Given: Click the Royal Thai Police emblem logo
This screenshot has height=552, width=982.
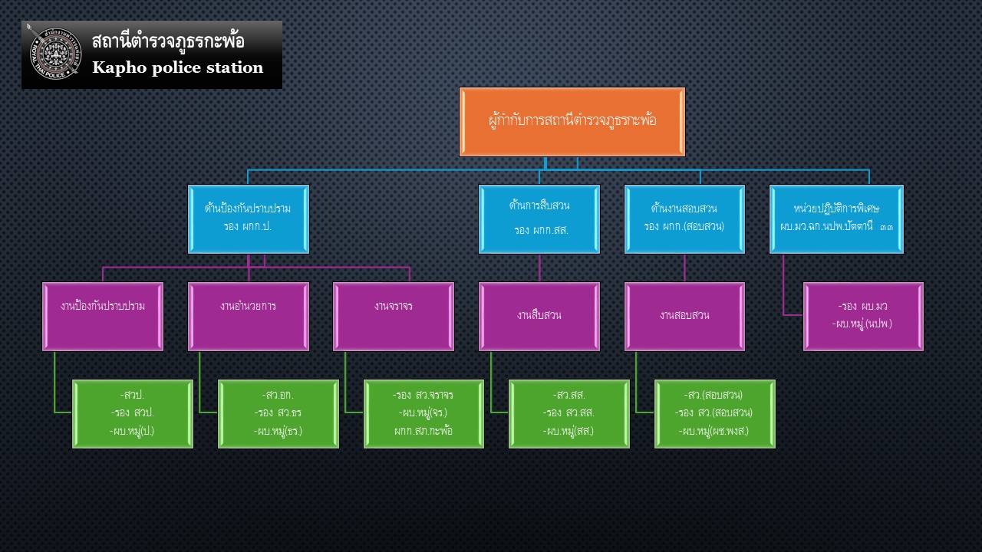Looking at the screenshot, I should [54, 54].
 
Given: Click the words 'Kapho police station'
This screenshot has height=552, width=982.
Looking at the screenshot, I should [177, 67].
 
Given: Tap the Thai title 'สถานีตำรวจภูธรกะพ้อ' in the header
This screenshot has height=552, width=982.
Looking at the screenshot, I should [168, 41].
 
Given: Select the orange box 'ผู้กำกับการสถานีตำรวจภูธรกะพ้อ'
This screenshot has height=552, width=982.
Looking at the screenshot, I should [572, 121].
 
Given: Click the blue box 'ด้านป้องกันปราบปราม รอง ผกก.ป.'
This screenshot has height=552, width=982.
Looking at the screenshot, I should [248, 219].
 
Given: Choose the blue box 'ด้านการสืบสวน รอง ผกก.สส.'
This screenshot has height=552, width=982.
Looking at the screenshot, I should [539, 219].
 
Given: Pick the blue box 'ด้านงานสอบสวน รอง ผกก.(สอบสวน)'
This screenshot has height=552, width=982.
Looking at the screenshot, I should [684, 219].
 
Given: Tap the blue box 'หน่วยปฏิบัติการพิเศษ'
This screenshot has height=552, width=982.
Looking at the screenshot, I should [836, 219].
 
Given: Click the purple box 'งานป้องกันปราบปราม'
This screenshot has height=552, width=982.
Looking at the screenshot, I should [103, 316].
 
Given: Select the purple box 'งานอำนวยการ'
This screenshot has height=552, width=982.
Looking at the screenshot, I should [248, 316].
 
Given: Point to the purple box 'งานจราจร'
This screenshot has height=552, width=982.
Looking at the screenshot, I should [394, 316].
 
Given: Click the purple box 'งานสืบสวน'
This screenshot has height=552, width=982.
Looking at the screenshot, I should [539, 316].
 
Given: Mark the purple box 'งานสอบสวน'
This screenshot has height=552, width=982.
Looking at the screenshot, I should [684, 316].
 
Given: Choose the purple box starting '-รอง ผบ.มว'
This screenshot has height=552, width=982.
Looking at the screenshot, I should [863, 316].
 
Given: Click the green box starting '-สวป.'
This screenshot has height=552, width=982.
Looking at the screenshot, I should [133, 413].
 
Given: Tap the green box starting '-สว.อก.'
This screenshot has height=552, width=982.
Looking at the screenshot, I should [278, 413].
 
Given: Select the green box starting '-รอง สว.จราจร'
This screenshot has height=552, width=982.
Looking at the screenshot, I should [423, 413].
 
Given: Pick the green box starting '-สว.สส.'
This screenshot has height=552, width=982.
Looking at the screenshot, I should [569, 413].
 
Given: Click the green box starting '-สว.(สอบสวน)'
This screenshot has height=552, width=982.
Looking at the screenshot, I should [714, 413].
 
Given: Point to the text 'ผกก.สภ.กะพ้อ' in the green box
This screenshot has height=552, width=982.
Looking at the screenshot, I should [423, 430].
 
